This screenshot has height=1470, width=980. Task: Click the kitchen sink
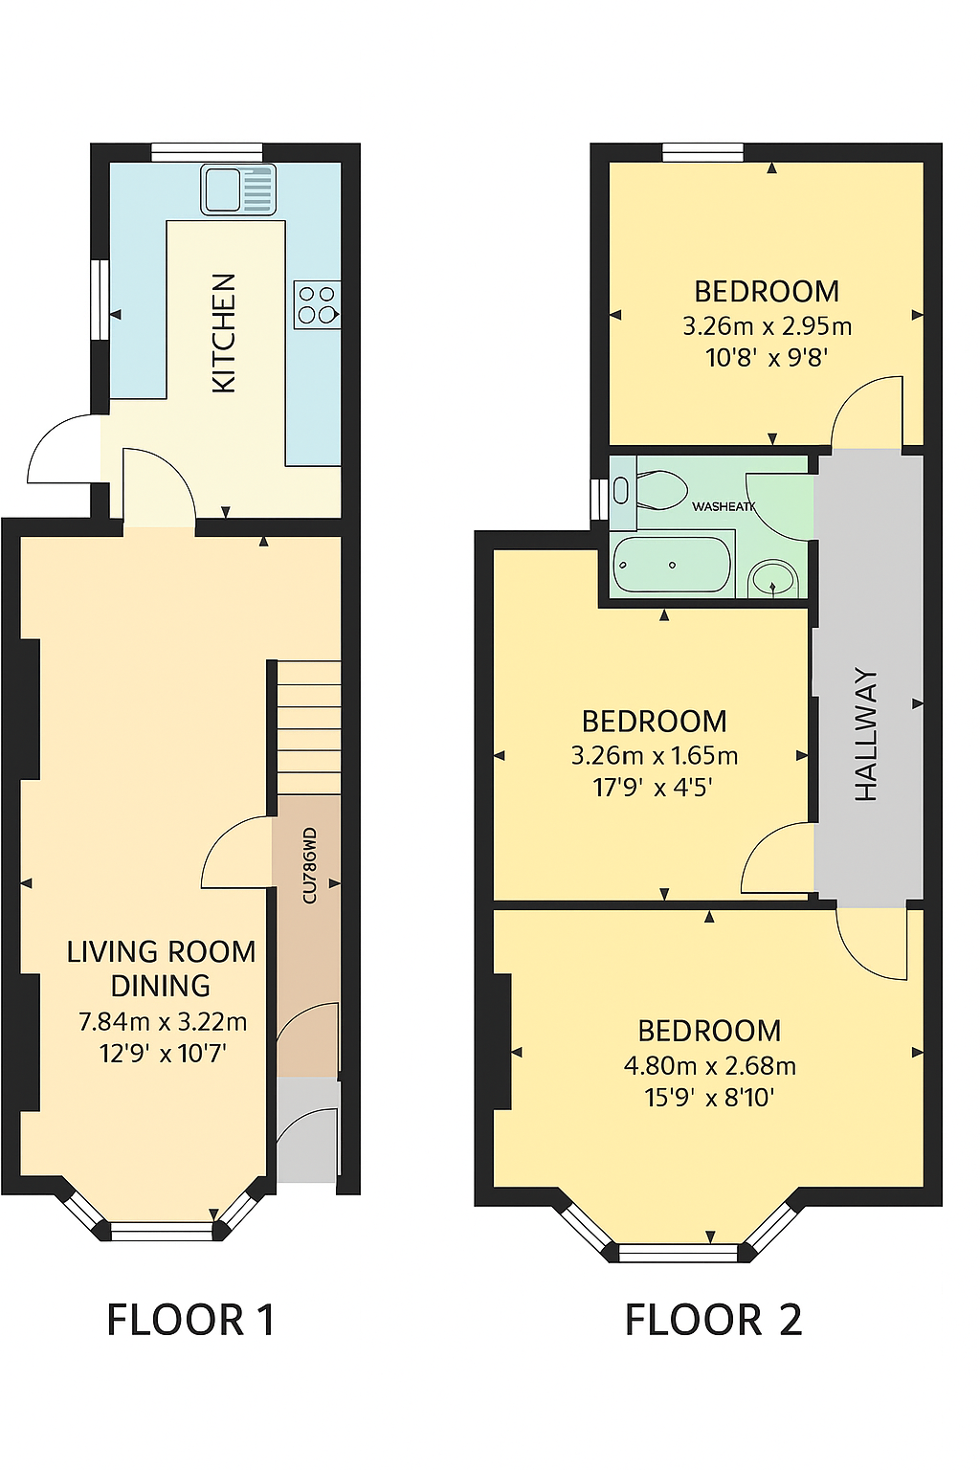click(x=237, y=189)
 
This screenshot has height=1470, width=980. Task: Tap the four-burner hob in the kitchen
click(x=317, y=305)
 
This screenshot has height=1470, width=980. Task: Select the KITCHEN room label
click(x=223, y=333)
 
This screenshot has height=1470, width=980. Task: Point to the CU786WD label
click(x=309, y=866)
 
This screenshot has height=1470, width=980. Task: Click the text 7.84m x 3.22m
click(x=163, y=1022)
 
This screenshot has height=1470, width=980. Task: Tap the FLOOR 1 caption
click(x=190, y=1321)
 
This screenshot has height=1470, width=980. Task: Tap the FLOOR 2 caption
click(x=713, y=1321)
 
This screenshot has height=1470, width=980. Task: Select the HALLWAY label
click(x=865, y=734)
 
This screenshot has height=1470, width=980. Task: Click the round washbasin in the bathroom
click(x=773, y=579)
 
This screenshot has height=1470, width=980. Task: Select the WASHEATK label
click(x=724, y=506)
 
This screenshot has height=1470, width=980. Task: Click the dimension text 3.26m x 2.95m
click(x=767, y=326)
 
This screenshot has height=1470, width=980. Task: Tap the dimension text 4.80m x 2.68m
click(x=709, y=1066)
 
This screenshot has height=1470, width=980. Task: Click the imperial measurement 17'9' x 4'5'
click(x=653, y=788)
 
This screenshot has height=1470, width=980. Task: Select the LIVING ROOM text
click(x=161, y=952)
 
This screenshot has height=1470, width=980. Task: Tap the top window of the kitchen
click(x=207, y=152)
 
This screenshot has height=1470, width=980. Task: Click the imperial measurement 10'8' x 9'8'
click(x=767, y=358)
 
